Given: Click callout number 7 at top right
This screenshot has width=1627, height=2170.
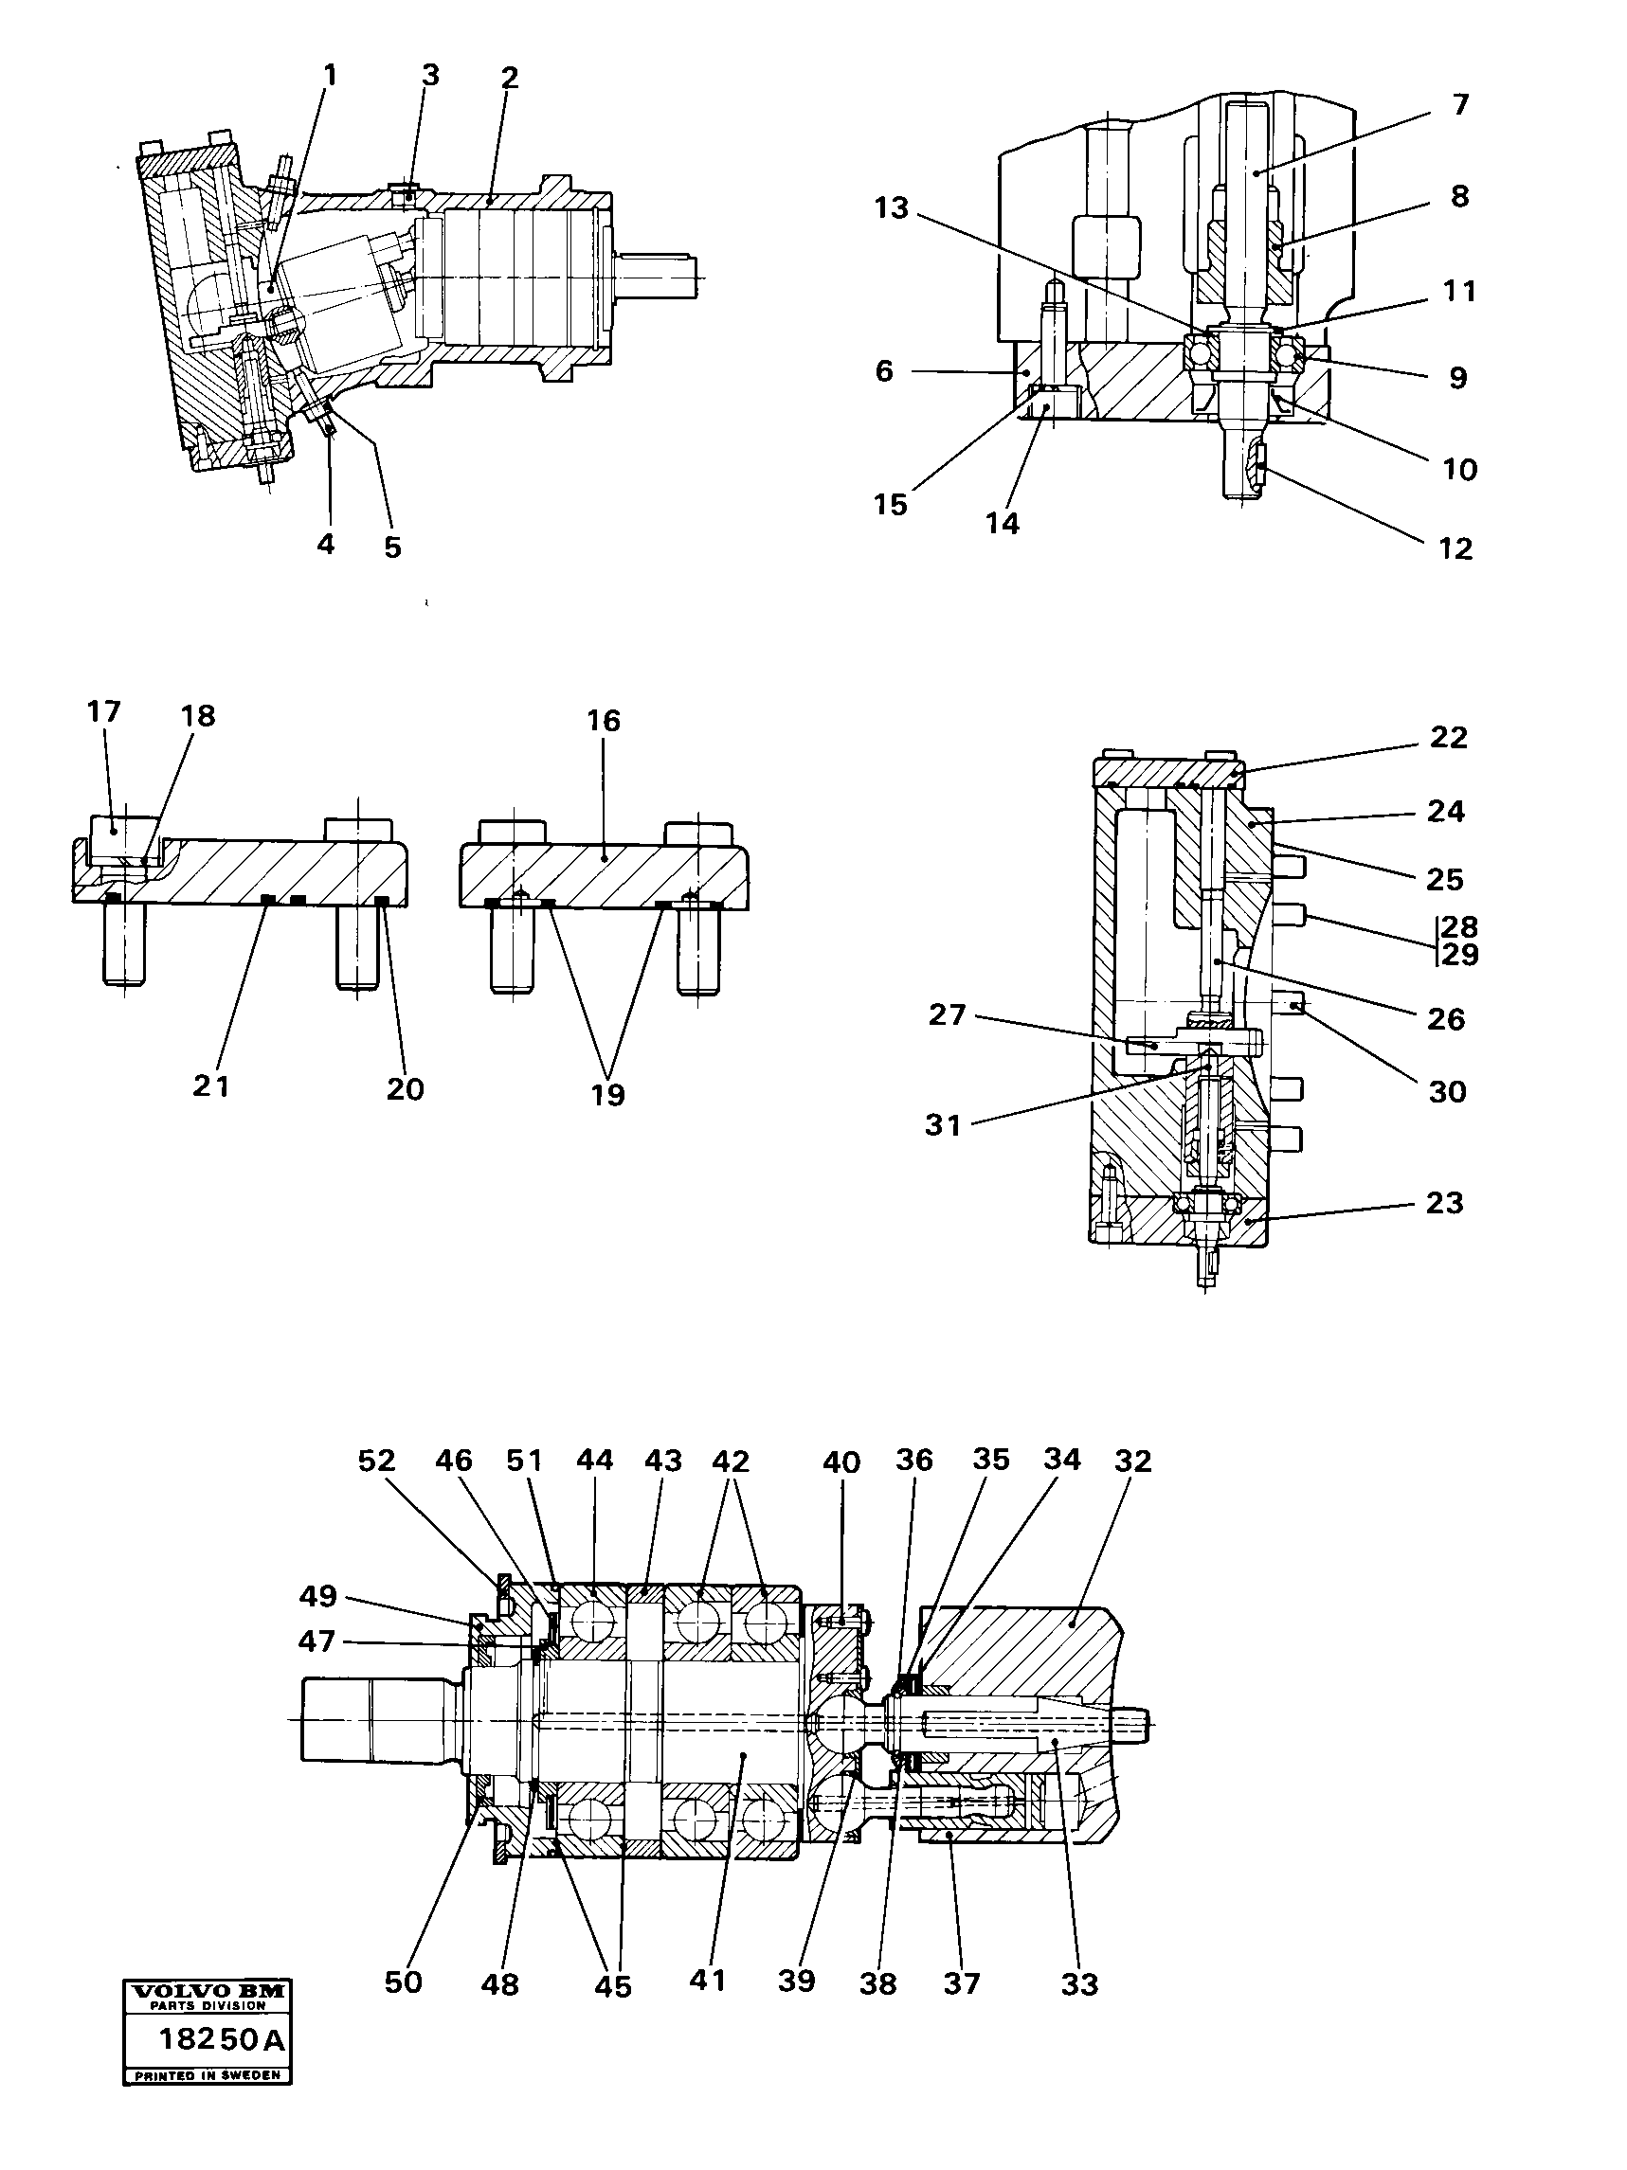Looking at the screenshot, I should click(x=1460, y=105).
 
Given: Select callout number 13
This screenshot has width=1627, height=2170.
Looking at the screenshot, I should click(x=891, y=208).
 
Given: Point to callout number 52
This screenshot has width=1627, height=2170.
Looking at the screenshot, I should click(x=376, y=1462).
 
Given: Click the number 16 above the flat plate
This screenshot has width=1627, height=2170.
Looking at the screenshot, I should click(x=604, y=721).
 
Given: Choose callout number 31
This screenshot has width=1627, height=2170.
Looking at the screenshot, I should click(x=942, y=1125).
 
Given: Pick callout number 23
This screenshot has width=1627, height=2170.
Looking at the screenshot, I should click(x=1444, y=1203).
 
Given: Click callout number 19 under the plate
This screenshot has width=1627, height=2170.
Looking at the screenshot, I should click(x=607, y=1095).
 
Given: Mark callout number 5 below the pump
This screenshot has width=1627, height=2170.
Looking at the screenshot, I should click(x=392, y=547).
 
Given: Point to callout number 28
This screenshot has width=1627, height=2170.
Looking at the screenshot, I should click(x=1459, y=927).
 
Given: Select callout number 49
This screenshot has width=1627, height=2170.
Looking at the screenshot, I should click(x=318, y=1596).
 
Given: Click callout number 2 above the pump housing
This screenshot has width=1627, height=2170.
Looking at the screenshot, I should click(x=508, y=78).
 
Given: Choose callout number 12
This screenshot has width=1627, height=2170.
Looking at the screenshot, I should click(x=1456, y=548).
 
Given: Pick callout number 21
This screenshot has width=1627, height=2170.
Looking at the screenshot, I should click(x=211, y=1086).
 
